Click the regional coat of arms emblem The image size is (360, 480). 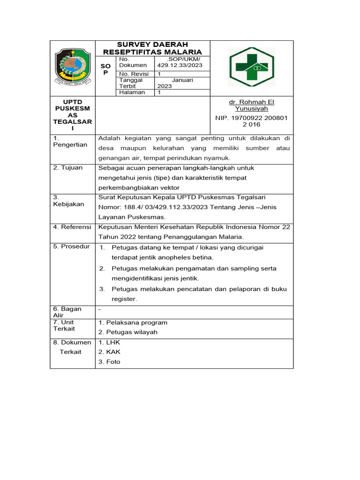[x=72, y=67]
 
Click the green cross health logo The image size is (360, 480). [x=251, y=67]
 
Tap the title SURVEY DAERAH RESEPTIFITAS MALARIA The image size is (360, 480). [x=152, y=48]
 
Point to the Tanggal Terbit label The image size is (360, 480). [x=131, y=83]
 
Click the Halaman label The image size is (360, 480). [x=132, y=92]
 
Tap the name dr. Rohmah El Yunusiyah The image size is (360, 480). [x=251, y=105]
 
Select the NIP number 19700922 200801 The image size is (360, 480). [x=251, y=118]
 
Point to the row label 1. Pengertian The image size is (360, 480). [x=70, y=141]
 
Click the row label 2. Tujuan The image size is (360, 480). [x=68, y=168]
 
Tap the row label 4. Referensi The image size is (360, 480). [x=72, y=227]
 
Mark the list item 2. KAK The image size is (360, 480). [x=107, y=352]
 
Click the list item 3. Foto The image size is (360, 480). [x=109, y=362]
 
